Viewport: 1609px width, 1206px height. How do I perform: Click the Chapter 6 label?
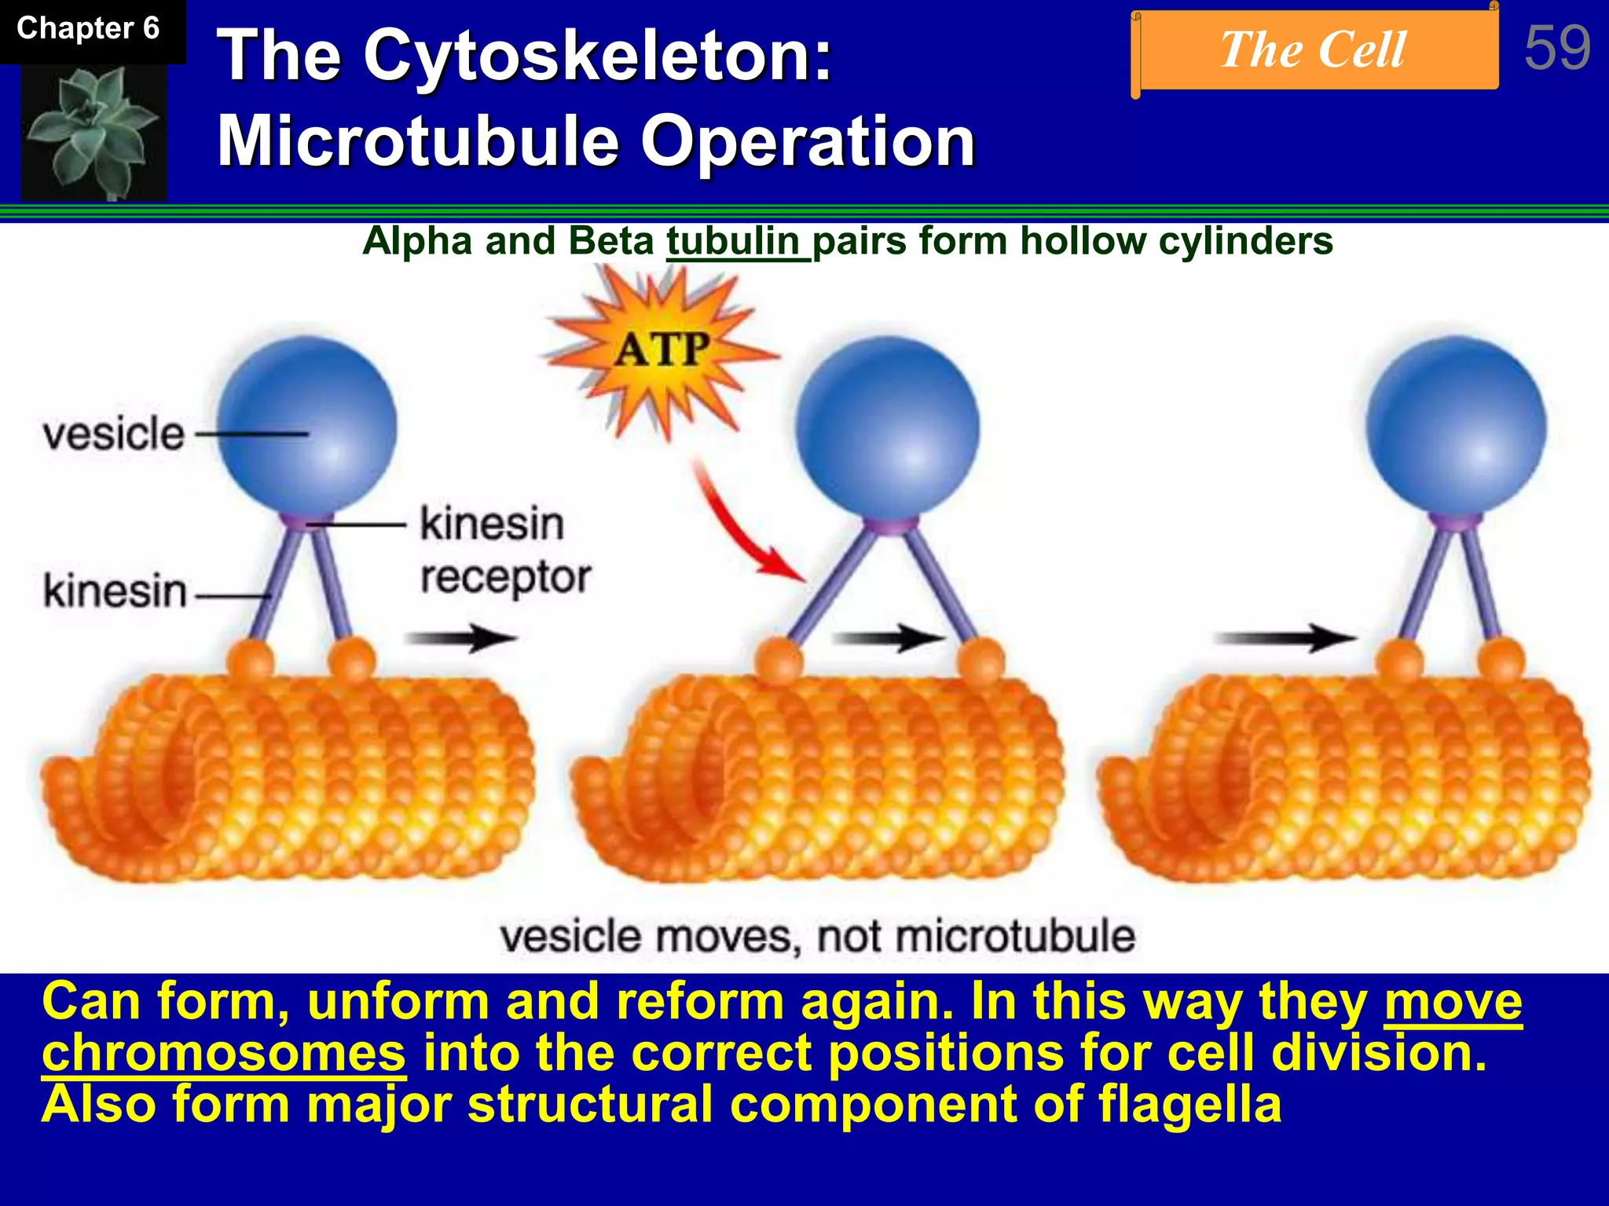pos(88,29)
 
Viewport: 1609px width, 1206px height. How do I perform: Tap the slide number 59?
pos(1556,48)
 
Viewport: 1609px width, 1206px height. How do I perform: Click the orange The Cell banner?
pos(1314,50)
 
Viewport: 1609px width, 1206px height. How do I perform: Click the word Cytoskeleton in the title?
pos(597,56)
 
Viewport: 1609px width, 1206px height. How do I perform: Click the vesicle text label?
pos(114,433)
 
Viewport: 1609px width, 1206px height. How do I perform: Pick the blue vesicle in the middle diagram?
pos(887,426)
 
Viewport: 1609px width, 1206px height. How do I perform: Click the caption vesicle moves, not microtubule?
pos(817,937)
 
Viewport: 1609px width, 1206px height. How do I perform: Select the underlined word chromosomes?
pos(224,1053)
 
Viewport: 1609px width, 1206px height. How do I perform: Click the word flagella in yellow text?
pos(1189,1104)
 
